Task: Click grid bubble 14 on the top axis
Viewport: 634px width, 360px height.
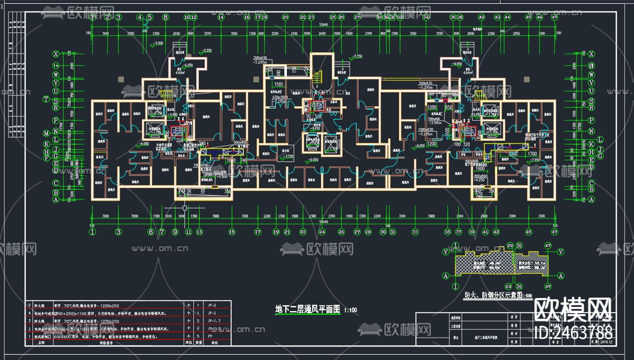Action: [221, 17]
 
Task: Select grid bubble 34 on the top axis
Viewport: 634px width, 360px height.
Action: [426, 17]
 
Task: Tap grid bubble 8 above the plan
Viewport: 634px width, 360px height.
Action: [166, 17]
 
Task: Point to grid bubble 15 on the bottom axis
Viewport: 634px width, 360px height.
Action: [232, 232]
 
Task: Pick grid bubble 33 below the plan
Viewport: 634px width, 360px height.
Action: [415, 232]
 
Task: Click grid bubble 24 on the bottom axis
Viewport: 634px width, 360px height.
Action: [322, 232]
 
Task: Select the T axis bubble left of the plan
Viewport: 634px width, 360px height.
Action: [46, 99]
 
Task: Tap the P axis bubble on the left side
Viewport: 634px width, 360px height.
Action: [56, 120]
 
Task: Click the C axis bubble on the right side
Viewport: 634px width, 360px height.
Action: [591, 183]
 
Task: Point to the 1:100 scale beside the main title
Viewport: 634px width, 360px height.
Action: [350, 310]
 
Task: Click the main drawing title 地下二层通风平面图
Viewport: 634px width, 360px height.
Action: [308, 309]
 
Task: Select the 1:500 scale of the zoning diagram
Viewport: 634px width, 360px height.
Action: [527, 296]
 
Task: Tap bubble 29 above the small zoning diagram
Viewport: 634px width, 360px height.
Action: [510, 246]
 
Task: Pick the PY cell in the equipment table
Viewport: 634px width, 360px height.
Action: [210, 336]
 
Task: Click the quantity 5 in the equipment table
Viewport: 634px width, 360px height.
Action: [198, 336]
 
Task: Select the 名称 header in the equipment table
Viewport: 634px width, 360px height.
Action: [41, 343]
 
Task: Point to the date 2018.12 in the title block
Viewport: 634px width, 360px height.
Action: [606, 342]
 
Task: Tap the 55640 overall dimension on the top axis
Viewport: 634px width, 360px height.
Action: [324, 25]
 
